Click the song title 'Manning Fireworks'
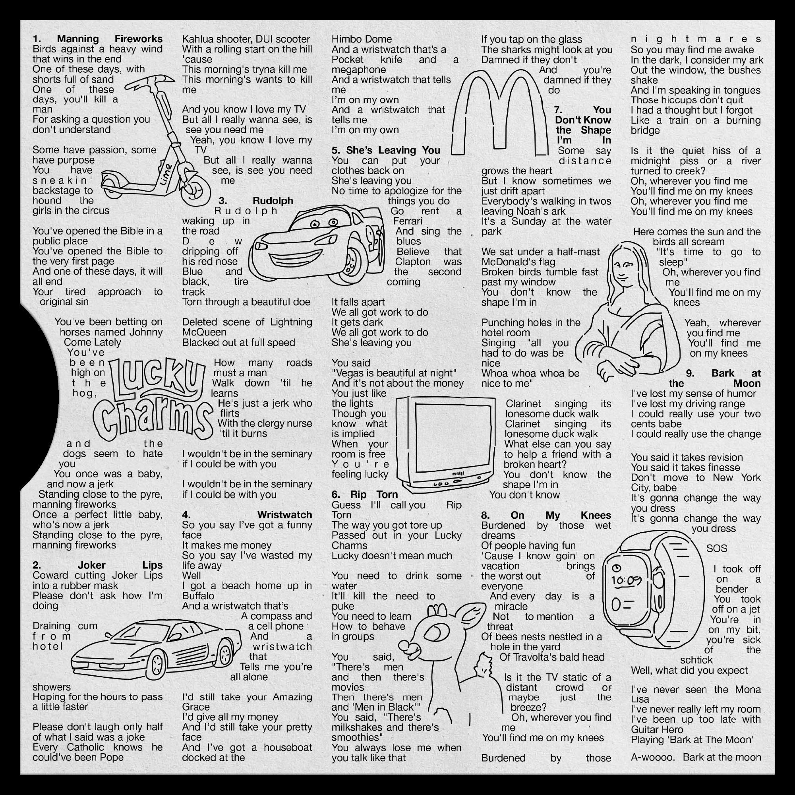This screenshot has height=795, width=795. pyautogui.click(x=110, y=39)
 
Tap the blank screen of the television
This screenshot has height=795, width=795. pyautogui.click(x=453, y=437)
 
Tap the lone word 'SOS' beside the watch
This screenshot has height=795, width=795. pyautogui.click(x=716, y=549)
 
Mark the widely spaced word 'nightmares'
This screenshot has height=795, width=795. pyautogui.click(x=696, y=39)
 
